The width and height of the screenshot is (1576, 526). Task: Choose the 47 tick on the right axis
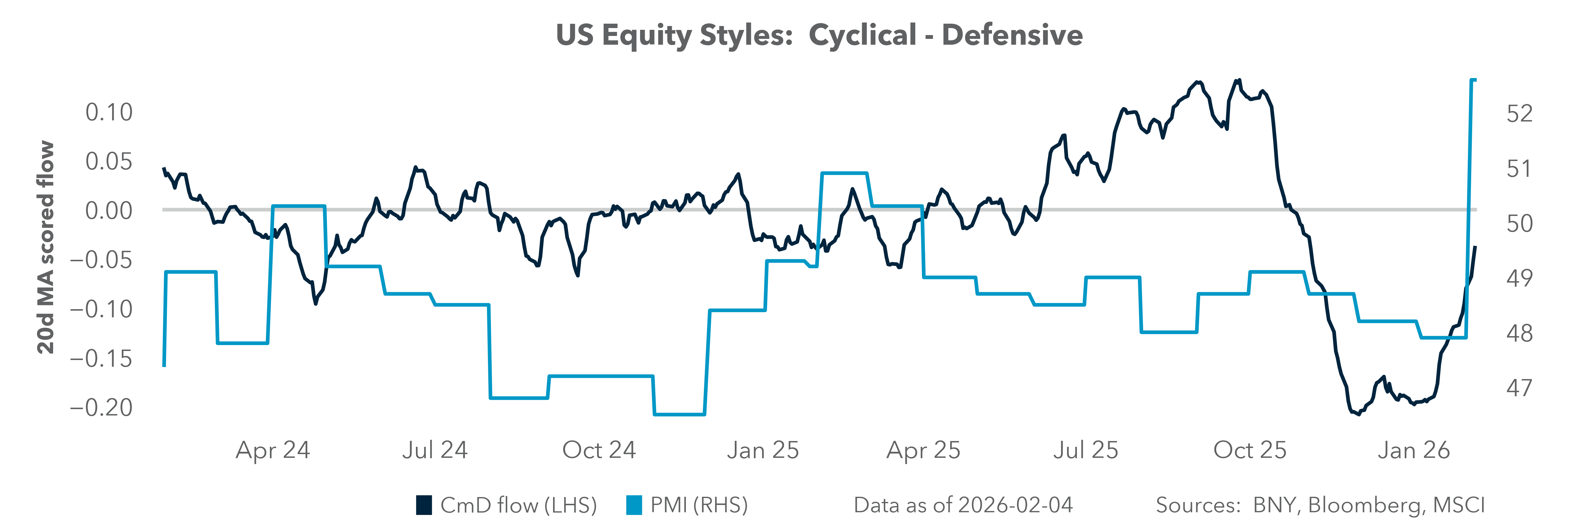1520,388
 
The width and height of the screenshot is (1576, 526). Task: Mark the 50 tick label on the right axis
1520,224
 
